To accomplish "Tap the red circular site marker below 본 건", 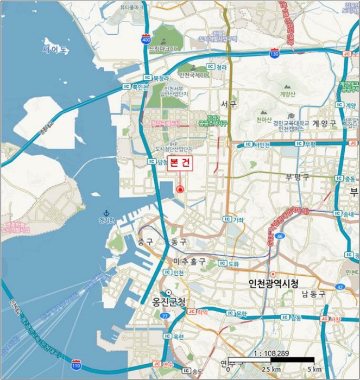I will point(180,189).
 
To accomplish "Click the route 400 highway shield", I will point(146,40).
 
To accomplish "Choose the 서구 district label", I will point(229,103).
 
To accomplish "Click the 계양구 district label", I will point(324,123).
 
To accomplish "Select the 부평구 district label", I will point(297,176).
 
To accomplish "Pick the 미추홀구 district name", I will point(189,262).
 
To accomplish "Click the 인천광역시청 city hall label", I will point(273,283).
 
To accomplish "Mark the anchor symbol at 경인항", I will point(106,213).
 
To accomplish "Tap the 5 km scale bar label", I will point(314,370).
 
